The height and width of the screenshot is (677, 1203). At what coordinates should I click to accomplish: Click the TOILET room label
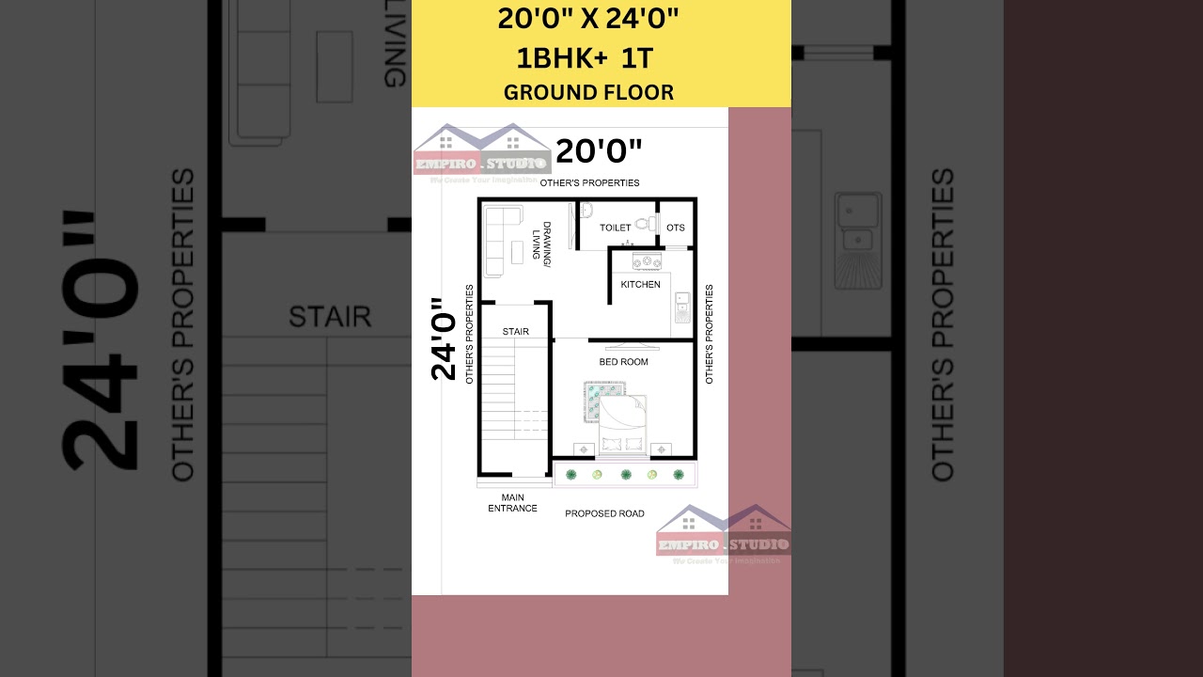[616, 228]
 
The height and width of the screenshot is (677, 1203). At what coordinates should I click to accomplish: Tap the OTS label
[676, 228]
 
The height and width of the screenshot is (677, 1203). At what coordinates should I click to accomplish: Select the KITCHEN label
[640, 285]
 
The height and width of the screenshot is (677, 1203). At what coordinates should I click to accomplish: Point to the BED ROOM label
[624, 362]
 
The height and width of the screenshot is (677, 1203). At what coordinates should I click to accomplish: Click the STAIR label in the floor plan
[515, 332]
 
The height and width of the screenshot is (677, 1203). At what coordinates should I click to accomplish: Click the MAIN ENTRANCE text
[512, 503]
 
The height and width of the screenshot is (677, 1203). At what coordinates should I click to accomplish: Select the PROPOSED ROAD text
[604, 513]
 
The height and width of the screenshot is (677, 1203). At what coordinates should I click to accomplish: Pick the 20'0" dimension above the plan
[599, 150]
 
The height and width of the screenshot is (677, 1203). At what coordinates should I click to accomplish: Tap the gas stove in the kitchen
[648, 260]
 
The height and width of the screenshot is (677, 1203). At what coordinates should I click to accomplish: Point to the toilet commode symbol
[644, 224]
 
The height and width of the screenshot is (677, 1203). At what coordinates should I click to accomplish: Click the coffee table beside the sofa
[517, 252]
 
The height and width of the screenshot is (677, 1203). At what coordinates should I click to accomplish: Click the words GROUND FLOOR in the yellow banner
[588, 92]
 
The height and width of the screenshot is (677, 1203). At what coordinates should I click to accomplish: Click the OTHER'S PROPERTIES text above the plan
[589, 182]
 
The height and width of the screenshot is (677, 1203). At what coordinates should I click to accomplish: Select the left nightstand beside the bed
[584, 449]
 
